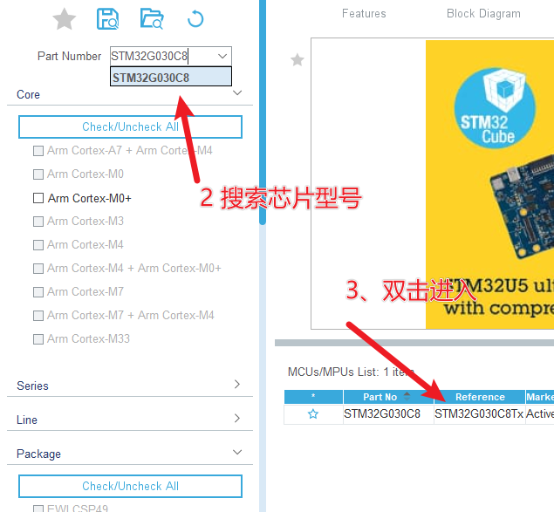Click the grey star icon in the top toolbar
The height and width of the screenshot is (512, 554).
tap(64, 19)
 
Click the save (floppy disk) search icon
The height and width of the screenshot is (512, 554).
tap(108, 18)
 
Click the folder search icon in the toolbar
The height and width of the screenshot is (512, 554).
tap(152, 18)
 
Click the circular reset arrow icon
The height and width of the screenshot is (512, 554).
tap(195, 18)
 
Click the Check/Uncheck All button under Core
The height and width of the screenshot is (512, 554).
tap(130, 126)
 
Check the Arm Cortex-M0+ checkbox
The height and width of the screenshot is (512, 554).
tap(38, 198)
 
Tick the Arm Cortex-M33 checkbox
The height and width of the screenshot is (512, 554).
tap(38, 338)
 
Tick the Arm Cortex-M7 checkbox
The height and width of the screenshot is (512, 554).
tap(38, 291)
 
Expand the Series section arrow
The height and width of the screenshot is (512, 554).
tap(237, 385)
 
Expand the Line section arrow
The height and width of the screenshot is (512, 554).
tap(237, 419)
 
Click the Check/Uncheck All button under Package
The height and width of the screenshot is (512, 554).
tap(130, 486)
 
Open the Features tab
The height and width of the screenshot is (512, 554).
tap(364, 13)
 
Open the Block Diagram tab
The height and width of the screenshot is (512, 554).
tap(483, 13)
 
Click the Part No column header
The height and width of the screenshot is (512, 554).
tap(380, 397)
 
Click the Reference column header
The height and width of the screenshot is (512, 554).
tap(480, 397)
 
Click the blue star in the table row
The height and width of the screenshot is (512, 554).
tap(313, 414)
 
